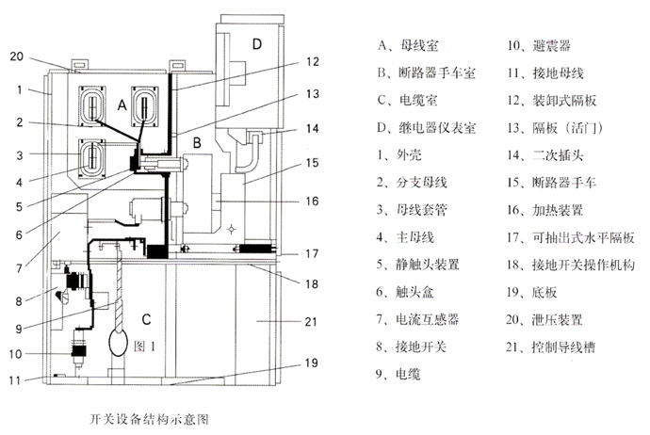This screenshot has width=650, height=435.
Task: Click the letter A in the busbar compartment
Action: [122, 106]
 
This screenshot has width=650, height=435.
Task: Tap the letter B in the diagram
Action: [197, 142]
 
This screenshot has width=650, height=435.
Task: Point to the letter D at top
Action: [257, 43]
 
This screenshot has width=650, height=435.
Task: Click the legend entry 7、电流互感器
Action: [412, 318]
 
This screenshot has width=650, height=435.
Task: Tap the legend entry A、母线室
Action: [405, 44]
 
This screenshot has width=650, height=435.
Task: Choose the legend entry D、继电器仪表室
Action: [425, 126]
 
